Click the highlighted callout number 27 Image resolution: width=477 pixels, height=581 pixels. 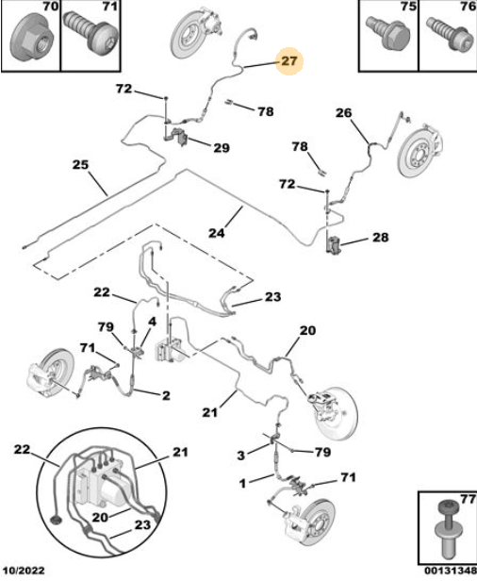pos(289,60)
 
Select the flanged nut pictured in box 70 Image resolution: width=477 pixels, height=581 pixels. pos(32,40)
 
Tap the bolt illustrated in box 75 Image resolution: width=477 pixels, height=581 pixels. pos(387,33)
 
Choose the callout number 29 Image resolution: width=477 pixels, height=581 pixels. pos(222,148)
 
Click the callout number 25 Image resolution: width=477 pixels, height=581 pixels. pos(80,164)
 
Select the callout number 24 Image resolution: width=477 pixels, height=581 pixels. pos(217,233)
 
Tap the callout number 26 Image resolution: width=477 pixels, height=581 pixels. pos(344,112)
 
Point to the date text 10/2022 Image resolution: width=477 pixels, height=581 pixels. pos(24,571)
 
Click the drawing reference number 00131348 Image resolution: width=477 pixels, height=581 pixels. pos(451,571)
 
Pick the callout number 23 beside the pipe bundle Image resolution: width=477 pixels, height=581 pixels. pos(273,297)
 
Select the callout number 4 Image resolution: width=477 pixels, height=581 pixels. pos(152,322)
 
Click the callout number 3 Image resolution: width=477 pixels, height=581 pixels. pos(241,455)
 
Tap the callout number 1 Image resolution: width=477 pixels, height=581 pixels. pos(242,484)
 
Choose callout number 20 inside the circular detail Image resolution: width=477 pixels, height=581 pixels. pos(100,517)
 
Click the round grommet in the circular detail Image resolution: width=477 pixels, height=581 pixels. pos(57,520)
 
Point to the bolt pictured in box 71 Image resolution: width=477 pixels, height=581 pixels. pos(91,34)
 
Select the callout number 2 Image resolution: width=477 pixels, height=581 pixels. pos(166,395)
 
